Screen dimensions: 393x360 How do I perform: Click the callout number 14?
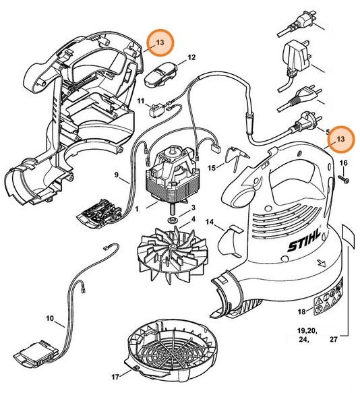click(x=210, y=222)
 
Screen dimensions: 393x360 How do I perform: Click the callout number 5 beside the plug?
click(x=327, y=132)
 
